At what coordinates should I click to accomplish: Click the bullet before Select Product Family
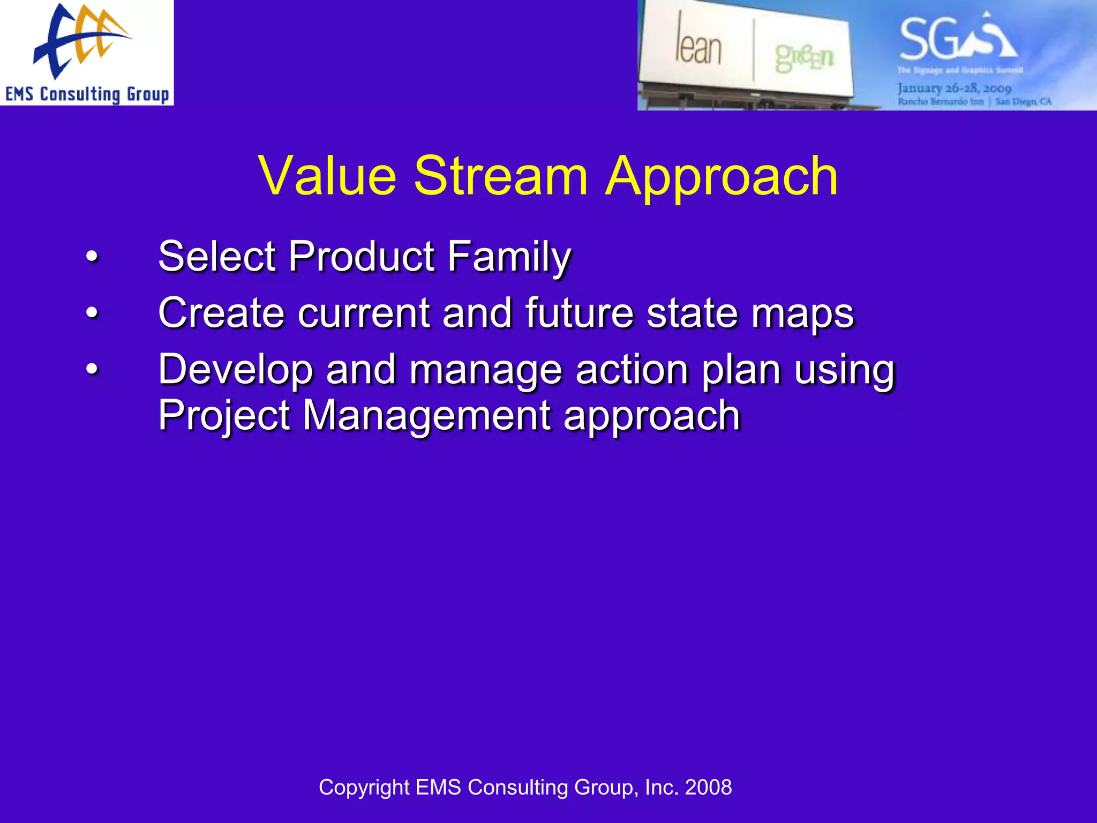pos(92,257)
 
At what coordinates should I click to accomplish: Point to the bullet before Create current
pos(92,313)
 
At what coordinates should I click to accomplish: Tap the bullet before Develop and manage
pos(92,370)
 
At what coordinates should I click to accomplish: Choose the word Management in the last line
pos(426,416)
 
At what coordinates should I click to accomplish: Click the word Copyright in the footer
pos(364,788)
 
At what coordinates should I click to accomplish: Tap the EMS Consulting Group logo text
pos(87,94)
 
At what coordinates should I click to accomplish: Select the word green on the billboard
pos(804,57)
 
